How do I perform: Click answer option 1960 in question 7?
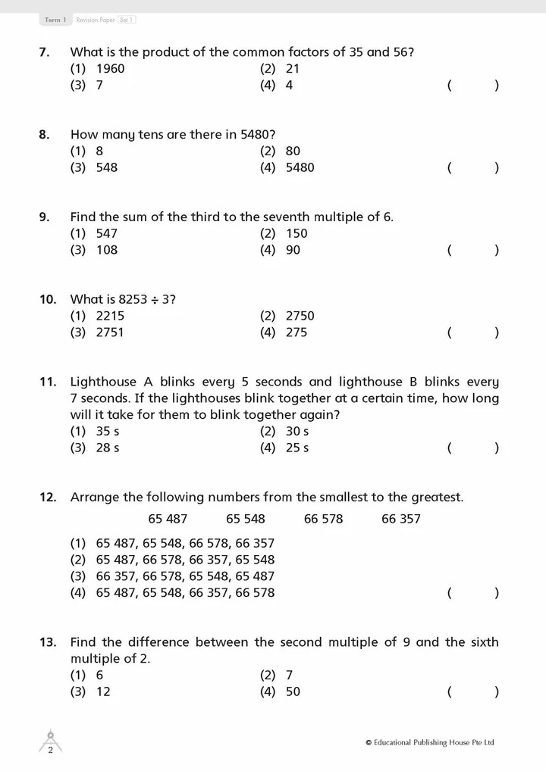(110, 69)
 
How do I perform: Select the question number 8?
(44, 135)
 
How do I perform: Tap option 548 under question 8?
(106, 167)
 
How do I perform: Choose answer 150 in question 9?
(297, 233)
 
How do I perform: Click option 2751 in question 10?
(110, 332)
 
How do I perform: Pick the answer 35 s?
(108, 432)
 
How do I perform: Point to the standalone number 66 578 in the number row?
(323, 519)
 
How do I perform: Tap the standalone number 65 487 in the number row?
(168, 519)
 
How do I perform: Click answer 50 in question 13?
(293, 691)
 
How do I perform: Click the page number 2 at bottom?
(50, 751)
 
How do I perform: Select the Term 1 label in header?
(55, 20)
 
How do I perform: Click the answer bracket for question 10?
(473, 332)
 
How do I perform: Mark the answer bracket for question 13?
(473, 691)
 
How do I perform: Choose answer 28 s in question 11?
(108, 448)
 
